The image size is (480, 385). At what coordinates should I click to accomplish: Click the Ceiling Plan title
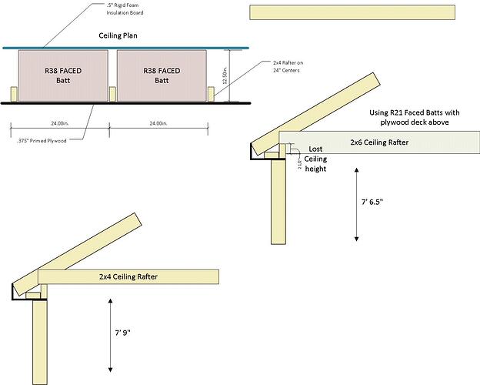[x=129, y=35]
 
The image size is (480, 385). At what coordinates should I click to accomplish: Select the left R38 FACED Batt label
[x=63, y=75]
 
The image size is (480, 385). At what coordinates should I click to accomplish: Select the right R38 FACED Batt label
[x=162, y=75]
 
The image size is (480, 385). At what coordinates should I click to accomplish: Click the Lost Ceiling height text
[x=315, y=159]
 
